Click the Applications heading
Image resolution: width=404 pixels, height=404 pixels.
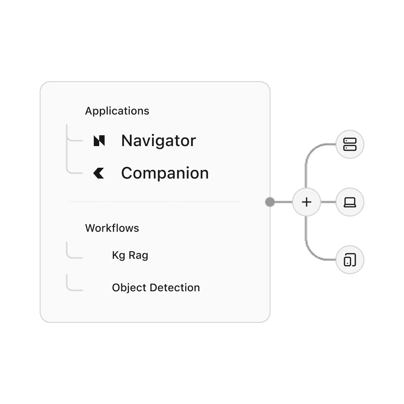point(117,111)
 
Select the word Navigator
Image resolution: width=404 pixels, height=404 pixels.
point(158,141)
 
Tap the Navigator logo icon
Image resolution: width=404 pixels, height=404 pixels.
point(99,141)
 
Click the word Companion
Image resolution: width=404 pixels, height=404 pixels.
point(165,173)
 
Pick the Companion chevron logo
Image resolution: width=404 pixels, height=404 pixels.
point(99,173)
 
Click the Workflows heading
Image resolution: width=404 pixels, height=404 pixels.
point(112,228)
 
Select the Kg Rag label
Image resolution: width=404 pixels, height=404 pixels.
point(130,255)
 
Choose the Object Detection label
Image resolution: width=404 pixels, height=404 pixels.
point(156,288)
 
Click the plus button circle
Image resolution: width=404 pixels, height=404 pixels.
point(306,202)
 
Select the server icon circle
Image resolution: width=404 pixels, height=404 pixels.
point(350,145)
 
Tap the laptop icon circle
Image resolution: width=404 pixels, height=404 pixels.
point(350,202)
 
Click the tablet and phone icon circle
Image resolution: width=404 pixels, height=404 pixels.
point(350,260)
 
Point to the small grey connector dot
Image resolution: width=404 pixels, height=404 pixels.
point(270,202)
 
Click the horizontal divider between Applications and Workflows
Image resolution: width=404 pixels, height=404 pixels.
point(155,201)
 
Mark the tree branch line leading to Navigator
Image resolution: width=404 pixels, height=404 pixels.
point(72,140)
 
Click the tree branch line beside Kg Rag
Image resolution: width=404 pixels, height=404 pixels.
point(72,257)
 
